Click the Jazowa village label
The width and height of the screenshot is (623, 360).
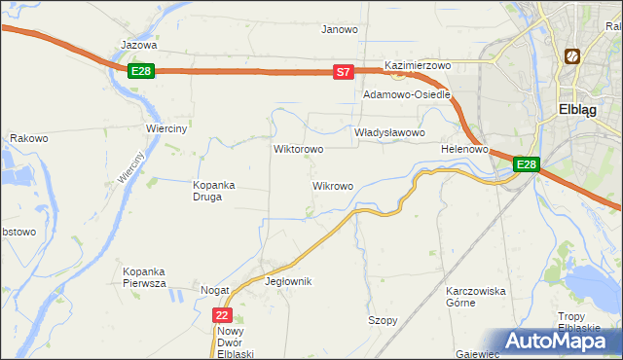tap(139, 45)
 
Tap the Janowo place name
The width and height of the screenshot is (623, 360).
tap(340, 29)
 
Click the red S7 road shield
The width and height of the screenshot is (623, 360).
tap(343, 72)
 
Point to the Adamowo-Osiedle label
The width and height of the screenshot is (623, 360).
tap(407, 95)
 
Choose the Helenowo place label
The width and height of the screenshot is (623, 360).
tap(463, 149)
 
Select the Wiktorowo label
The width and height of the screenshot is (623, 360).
tap(299, 150)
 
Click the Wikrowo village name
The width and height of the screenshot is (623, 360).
tap(332, 185)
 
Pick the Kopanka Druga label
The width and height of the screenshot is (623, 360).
tap(207, 190)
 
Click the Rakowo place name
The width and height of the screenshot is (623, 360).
tap(29, 139)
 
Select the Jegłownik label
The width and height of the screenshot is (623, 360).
tap(288, 281)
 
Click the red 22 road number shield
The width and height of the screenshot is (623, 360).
tap(223, 315)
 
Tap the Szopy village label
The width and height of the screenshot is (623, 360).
tap(383, 320)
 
